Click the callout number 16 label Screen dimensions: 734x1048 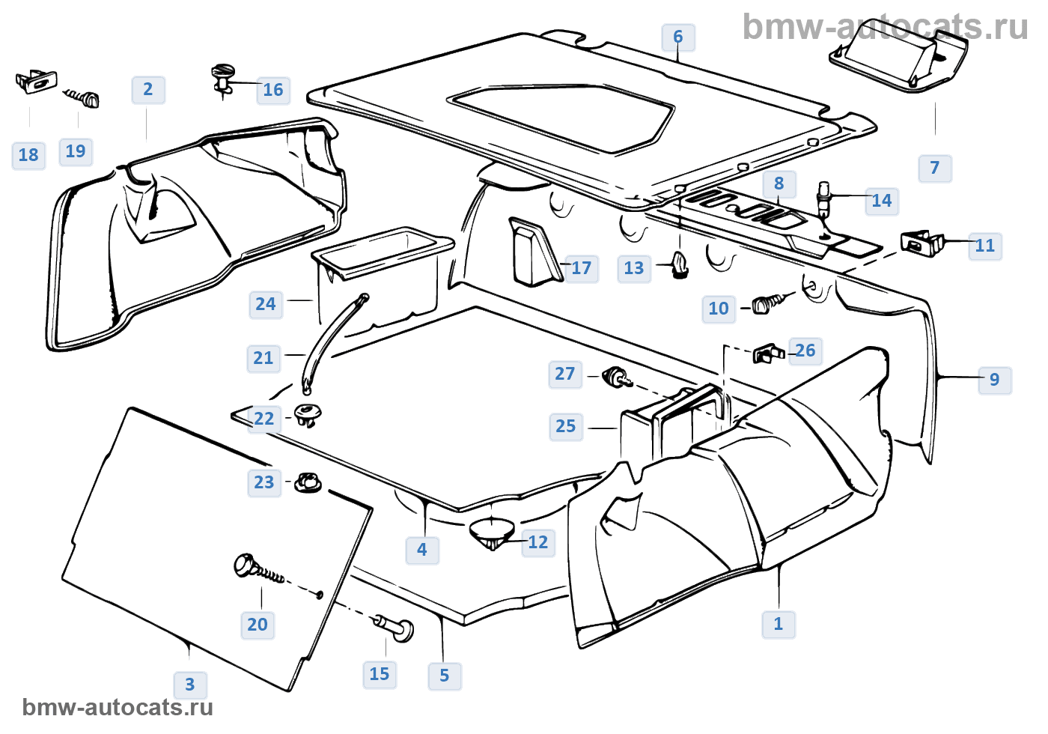coord(273,91)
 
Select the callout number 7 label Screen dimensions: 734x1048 coord(935,168)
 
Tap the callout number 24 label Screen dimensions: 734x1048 coord(266,304)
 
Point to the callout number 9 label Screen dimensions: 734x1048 coord(995,380)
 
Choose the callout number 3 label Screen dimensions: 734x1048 coord(190,685)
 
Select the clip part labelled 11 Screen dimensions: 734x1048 coord(921,243)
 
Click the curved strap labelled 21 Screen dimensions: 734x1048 coord(332,341)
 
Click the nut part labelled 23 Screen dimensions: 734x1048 coord(307,482)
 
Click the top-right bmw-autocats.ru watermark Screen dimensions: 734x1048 coord(885,27)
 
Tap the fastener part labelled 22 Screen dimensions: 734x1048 coord(307,413)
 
